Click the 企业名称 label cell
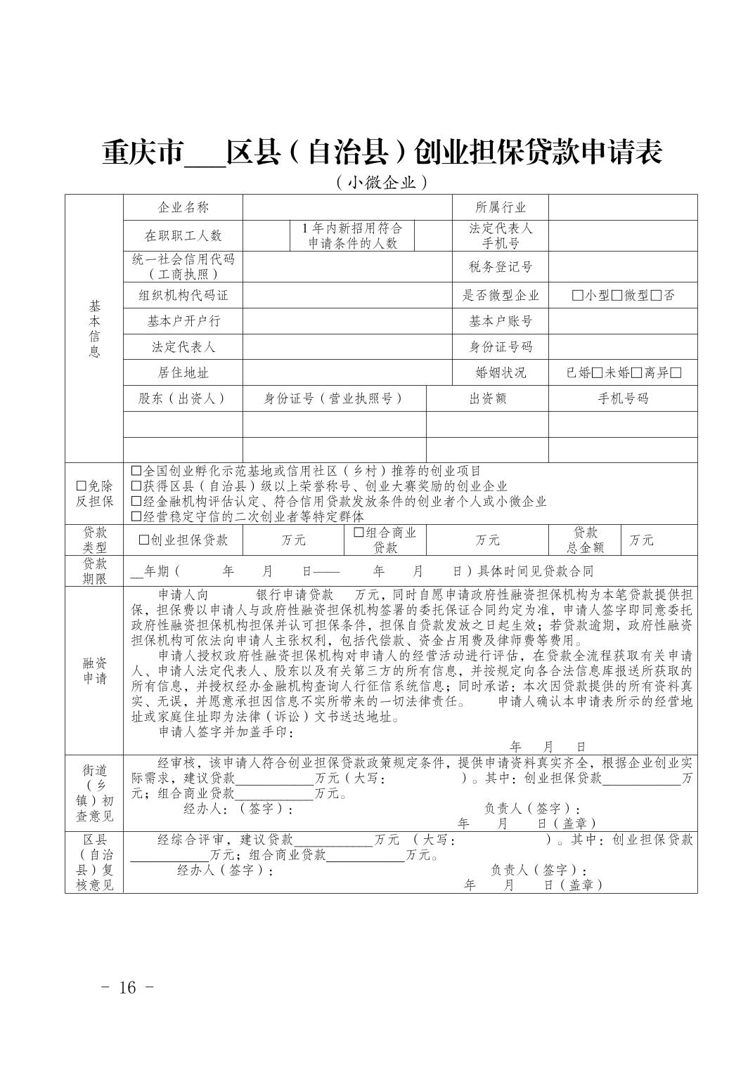183,207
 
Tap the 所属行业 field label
501,207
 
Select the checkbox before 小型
578,296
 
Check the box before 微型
617,296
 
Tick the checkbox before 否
657,296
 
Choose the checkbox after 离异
676,373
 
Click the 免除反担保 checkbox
82,486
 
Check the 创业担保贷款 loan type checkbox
144,540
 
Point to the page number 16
127,987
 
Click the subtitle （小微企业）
382,183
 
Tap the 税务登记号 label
501,266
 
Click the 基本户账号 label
501,321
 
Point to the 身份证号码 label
501,347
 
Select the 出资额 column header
487,399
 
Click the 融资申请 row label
94,670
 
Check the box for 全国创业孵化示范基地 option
136,471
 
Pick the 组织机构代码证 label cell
183,296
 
